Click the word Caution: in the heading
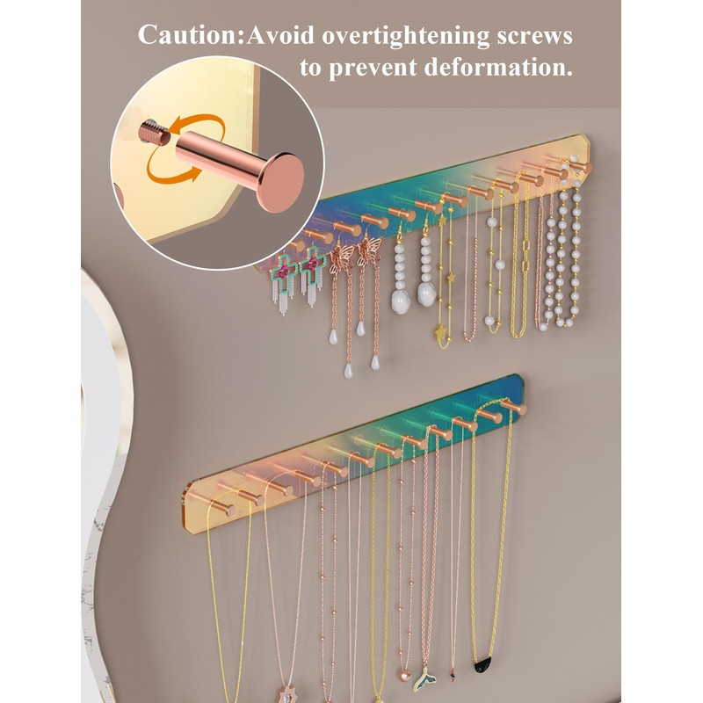pos(192,35)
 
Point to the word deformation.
pos(498,68)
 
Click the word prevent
pos(375,69)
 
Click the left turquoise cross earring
pos(282,281)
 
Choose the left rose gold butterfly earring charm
pos(342,261)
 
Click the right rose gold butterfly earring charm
pos(370,254)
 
